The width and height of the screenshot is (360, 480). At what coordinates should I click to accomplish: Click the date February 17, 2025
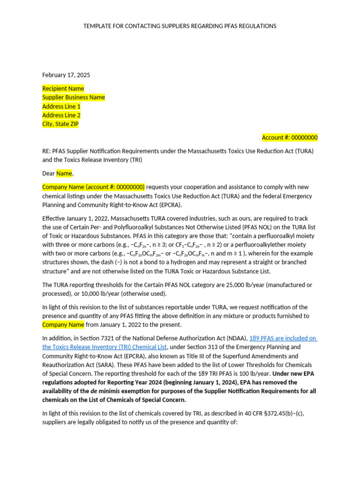pos(66,75)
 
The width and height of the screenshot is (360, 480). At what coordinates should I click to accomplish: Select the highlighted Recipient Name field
pos(63,89)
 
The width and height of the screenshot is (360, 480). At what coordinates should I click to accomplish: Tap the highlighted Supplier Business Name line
pos(74,97)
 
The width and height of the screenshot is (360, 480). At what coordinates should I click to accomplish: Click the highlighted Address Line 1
pos(61,106)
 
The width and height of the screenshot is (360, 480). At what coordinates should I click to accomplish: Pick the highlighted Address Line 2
pos(61,115)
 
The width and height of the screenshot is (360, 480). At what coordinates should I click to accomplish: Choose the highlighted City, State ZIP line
pos(60,124)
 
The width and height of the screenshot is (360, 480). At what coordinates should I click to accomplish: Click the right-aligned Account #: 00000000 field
pos(289,138)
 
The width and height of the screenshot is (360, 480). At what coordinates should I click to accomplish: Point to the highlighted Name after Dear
pos(64,173)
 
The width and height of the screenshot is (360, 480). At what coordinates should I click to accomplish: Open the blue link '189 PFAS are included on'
pos(283,338)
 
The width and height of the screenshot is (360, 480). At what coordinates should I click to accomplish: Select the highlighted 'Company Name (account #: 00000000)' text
pos(94,187)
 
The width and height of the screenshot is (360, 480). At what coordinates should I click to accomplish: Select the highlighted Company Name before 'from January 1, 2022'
pos(63,325)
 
